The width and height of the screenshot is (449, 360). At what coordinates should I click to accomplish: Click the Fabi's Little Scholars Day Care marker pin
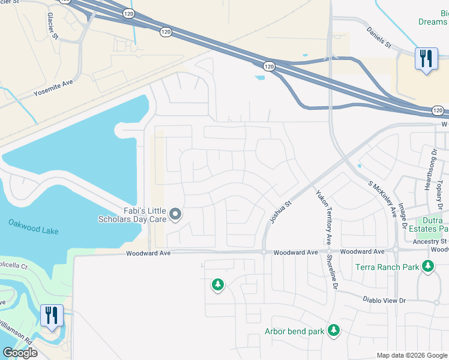tap(175, 214)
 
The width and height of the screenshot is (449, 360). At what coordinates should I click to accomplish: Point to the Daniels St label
tap(379, 45)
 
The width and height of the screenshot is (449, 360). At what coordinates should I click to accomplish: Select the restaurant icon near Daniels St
tap(426, 59)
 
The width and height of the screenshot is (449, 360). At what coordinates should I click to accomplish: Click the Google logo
tap(20, 353)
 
